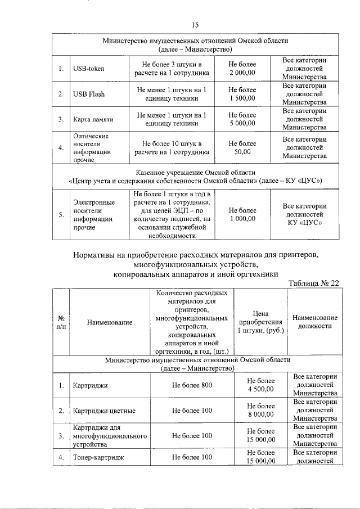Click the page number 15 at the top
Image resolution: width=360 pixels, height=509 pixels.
195,24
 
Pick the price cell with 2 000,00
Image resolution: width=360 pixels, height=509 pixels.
242,69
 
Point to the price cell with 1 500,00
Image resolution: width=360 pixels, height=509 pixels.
242,94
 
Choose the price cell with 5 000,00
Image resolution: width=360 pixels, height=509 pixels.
242,119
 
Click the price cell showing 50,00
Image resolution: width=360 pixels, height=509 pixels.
242,147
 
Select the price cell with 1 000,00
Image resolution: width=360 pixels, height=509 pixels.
242,215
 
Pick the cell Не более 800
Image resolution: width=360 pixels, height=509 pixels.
192,385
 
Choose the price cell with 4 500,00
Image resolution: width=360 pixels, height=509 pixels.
260,385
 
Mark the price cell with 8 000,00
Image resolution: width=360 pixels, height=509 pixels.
260,411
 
